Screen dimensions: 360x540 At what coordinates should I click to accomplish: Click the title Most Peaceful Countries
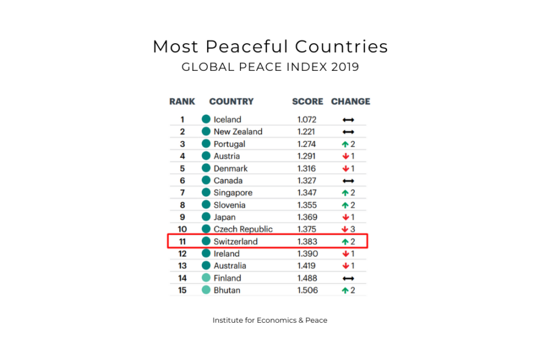(x=270, y=46)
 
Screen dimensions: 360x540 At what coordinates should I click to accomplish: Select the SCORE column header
(x=307, y=101)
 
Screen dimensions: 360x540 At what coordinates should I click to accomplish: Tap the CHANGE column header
(x=350, y=101)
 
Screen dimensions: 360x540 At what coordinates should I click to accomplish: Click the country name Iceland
(x=227, y=119)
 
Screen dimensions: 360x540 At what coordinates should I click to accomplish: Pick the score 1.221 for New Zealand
(x=307, y=131)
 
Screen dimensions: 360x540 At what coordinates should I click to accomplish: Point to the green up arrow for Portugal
(x=346, y=144)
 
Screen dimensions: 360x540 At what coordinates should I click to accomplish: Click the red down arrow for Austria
(x=346, y=156)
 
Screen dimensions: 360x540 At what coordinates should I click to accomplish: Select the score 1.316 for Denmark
(x=307, y=169)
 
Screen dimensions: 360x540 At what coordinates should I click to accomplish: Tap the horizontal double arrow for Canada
(x=348, y=181)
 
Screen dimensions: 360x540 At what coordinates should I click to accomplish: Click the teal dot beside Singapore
(x=206, y=193)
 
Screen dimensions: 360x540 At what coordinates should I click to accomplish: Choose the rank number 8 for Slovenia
(x=182, y=205)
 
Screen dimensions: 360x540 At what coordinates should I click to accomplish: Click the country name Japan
(x=224, y=217)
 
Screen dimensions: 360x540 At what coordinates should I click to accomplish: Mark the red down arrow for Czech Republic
(x=346, y=229)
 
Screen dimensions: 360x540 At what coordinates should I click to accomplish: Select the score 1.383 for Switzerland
(x=307, y=242)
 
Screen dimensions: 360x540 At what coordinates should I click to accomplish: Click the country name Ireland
(x=226, y=254)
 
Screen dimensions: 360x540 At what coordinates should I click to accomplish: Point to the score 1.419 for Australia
(x=307, y=266)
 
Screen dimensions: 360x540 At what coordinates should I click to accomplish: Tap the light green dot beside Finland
(x=206, y=278)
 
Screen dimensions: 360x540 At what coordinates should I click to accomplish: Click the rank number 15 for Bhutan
(x=182, y=290)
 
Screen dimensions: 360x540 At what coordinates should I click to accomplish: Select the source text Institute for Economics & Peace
(x=270, y=320)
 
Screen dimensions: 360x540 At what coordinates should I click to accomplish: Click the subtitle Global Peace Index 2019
(x=270, y=67)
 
